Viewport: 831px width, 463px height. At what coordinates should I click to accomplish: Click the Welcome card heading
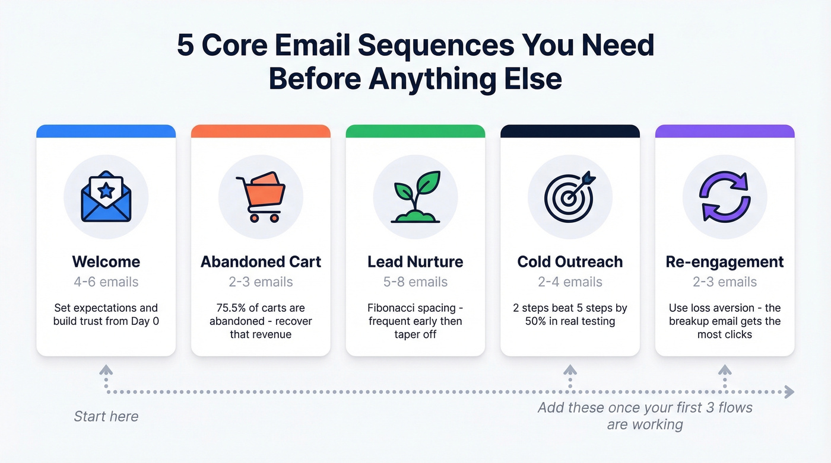point(106,261)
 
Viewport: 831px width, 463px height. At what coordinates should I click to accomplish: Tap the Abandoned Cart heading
point(261,261)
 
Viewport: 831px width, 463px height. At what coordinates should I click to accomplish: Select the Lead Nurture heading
point(415,261)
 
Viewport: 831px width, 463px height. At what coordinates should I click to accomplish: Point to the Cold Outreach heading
point(570,261)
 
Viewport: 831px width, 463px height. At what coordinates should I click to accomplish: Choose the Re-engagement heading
point(725,261)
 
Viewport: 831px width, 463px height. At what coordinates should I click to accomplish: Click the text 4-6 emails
point(106,282)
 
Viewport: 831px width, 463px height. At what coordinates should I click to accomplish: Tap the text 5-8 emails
point(415,282)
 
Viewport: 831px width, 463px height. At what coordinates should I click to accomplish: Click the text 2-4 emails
point(570,282)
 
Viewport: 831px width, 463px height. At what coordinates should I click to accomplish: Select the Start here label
point(106,416)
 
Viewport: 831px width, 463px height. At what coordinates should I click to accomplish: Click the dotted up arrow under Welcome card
point(106,372)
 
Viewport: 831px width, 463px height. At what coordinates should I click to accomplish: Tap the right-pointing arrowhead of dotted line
point(789,391)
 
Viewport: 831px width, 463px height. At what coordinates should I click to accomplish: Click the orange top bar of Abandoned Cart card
point(261,131)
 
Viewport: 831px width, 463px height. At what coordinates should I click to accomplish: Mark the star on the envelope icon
point(106,190)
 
